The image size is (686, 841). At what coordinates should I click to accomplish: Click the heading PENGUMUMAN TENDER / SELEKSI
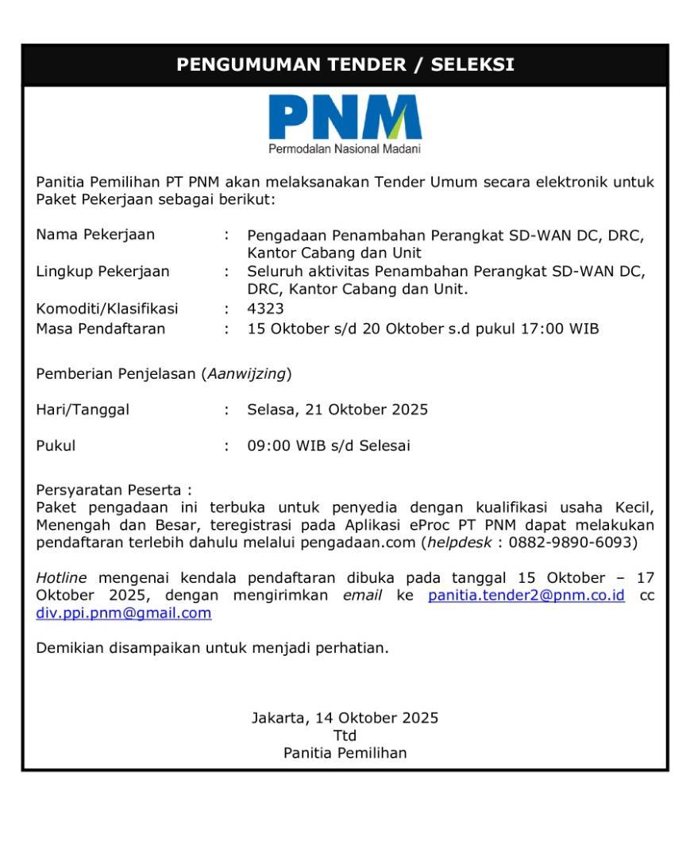point(345,64)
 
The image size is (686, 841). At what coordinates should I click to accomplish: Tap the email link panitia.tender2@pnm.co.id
point(526,596)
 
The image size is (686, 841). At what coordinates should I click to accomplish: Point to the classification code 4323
point(265,308)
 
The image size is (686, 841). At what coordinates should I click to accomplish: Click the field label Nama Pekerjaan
point(95,234)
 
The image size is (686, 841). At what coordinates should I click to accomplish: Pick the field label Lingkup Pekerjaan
point(102,272)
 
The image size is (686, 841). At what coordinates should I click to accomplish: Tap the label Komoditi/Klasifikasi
point(107,308)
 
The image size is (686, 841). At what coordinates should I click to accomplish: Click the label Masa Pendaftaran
point(101,327)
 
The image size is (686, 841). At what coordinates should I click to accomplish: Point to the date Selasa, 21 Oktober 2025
point(337,410)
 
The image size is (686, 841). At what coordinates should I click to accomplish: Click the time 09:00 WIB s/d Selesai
point(329,446)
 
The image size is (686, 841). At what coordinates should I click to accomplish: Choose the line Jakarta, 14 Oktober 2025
point(345,718)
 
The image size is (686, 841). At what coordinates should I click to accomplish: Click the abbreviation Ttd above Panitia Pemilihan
point(345,735)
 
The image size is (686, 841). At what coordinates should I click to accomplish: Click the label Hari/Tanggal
point(83,410)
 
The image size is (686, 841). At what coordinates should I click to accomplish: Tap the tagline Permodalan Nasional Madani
point(345,149)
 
